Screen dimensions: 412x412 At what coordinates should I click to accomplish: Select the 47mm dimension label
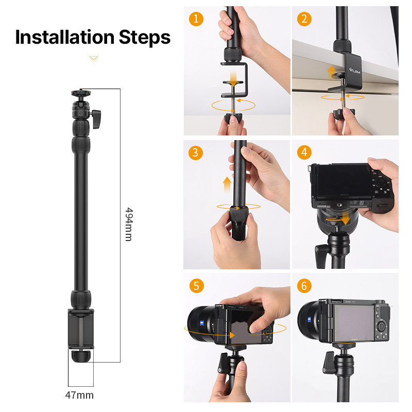click(x=80, y=395)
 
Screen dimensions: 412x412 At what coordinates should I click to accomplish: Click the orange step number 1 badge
click(x=196, y=19)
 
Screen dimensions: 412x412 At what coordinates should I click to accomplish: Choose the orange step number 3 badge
click(x=196, y=152)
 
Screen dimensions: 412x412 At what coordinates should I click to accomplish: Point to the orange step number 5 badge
click(x=196, y=285)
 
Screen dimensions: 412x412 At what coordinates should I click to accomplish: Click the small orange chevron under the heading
click(x=93, y=59)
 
